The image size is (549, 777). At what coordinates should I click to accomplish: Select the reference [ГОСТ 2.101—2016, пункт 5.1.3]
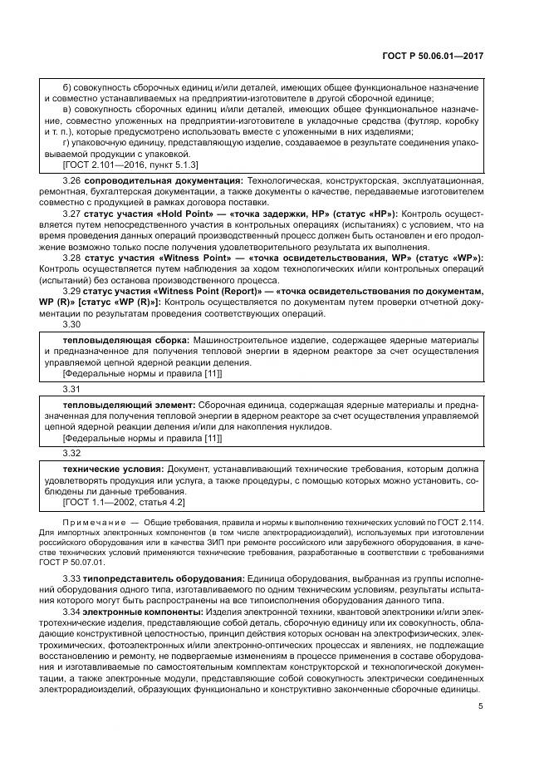pyautogui.click(x=125, y=165)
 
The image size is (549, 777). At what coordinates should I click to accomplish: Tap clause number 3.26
pyautogui.click(x=71, y=180)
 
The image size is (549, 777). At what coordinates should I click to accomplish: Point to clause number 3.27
pyautogui.click(x=71, y=213)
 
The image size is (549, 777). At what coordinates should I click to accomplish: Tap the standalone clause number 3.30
pyautogui.click(x=71, y=325)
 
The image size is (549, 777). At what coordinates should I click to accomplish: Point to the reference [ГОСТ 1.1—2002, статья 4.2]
pyautogui.click(x=124, y=502)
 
